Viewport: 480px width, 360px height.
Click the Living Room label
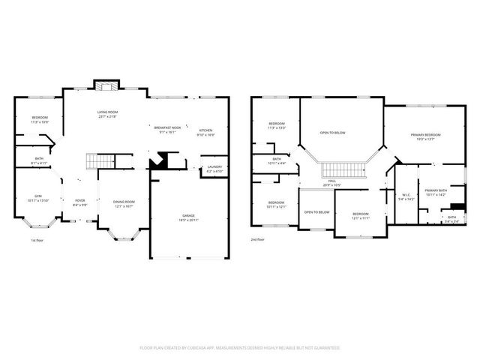click(x=107, y=112)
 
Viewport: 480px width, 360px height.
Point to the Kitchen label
click(x=205, y=130)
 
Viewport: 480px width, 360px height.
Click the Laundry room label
click(x=214, y=166)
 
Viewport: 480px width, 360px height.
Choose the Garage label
click(x=188, y=215)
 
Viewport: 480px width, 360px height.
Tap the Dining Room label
click(x=124, y=201)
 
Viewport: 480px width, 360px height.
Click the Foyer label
click(x=79, y=200)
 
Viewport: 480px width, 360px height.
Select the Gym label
click(x=37, y=196)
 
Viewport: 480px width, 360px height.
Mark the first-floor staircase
click(x=100, y=160)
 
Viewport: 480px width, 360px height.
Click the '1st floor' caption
click(x=37, y=240)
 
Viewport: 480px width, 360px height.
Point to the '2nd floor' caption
click(x=258, y=240)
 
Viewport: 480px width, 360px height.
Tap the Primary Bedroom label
click(x=425, y=135)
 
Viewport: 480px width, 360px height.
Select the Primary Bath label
click(x=435, y=190)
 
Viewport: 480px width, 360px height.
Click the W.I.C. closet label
click(x=405, y=196)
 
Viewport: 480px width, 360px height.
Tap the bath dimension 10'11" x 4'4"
click(x=277, y=163)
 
